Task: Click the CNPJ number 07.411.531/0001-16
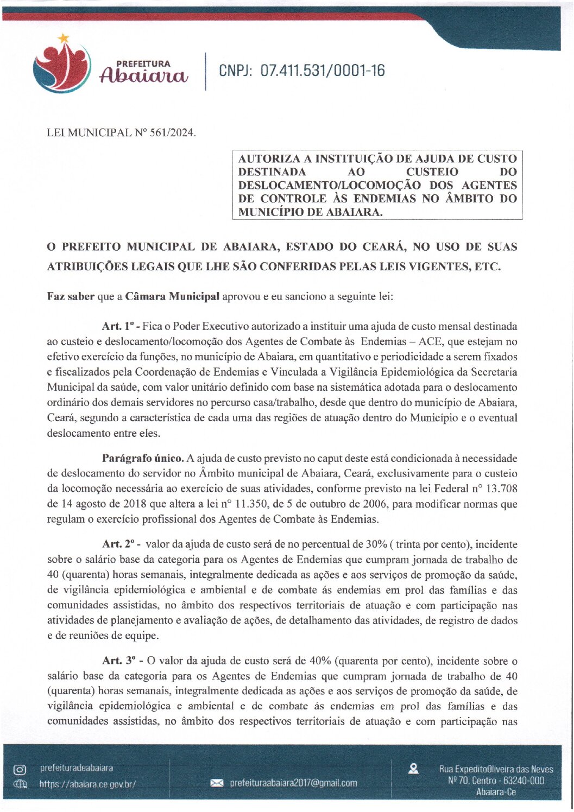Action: pyautogui.click(x=322, y=71)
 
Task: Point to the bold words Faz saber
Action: pyautogui.click(x=71, y=297)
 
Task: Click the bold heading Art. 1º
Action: pyautogui.click(x=121, y=327)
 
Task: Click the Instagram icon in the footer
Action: pyautogui.click(x=20, y=770)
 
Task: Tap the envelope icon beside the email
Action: pyautogui.click(x=217, y=783)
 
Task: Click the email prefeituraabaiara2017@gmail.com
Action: pyautogui.click(x=293, y=783)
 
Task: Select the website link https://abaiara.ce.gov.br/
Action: pyautogui.click(x=87, y=784)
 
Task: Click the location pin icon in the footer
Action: pyautogui.click(x=413, y=769)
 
